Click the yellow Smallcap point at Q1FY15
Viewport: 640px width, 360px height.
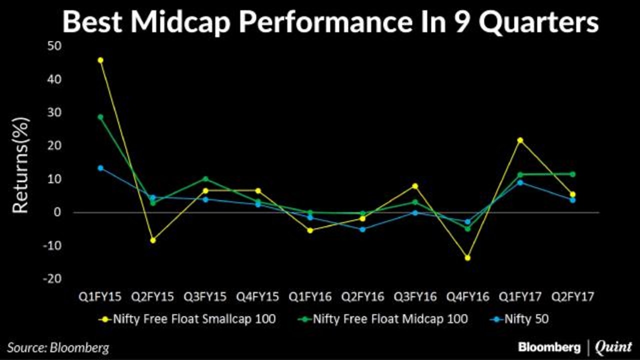(x=100, y=60)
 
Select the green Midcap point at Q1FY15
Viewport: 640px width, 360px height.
(x=100, y=117)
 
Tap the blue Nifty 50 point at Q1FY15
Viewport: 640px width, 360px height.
(x=100, y=168)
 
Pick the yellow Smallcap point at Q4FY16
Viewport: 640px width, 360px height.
(x=467, y=258)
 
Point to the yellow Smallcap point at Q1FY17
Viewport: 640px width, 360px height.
(x=520, y=140)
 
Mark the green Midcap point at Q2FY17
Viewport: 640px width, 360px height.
(x=572, y=174)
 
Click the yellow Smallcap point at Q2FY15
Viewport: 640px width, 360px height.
(x=153, y=240)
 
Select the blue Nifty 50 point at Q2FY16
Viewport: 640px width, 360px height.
(x=363, y=229)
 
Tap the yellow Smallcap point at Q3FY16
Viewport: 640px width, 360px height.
(x=415, y=186)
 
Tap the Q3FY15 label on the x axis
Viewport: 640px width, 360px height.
(x=205, y=297)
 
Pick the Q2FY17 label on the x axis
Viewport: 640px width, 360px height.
(x=572, y=297)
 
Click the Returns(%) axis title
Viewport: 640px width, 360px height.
(x=21, y=165)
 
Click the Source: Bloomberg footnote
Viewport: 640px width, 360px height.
(x=57, y=347)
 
